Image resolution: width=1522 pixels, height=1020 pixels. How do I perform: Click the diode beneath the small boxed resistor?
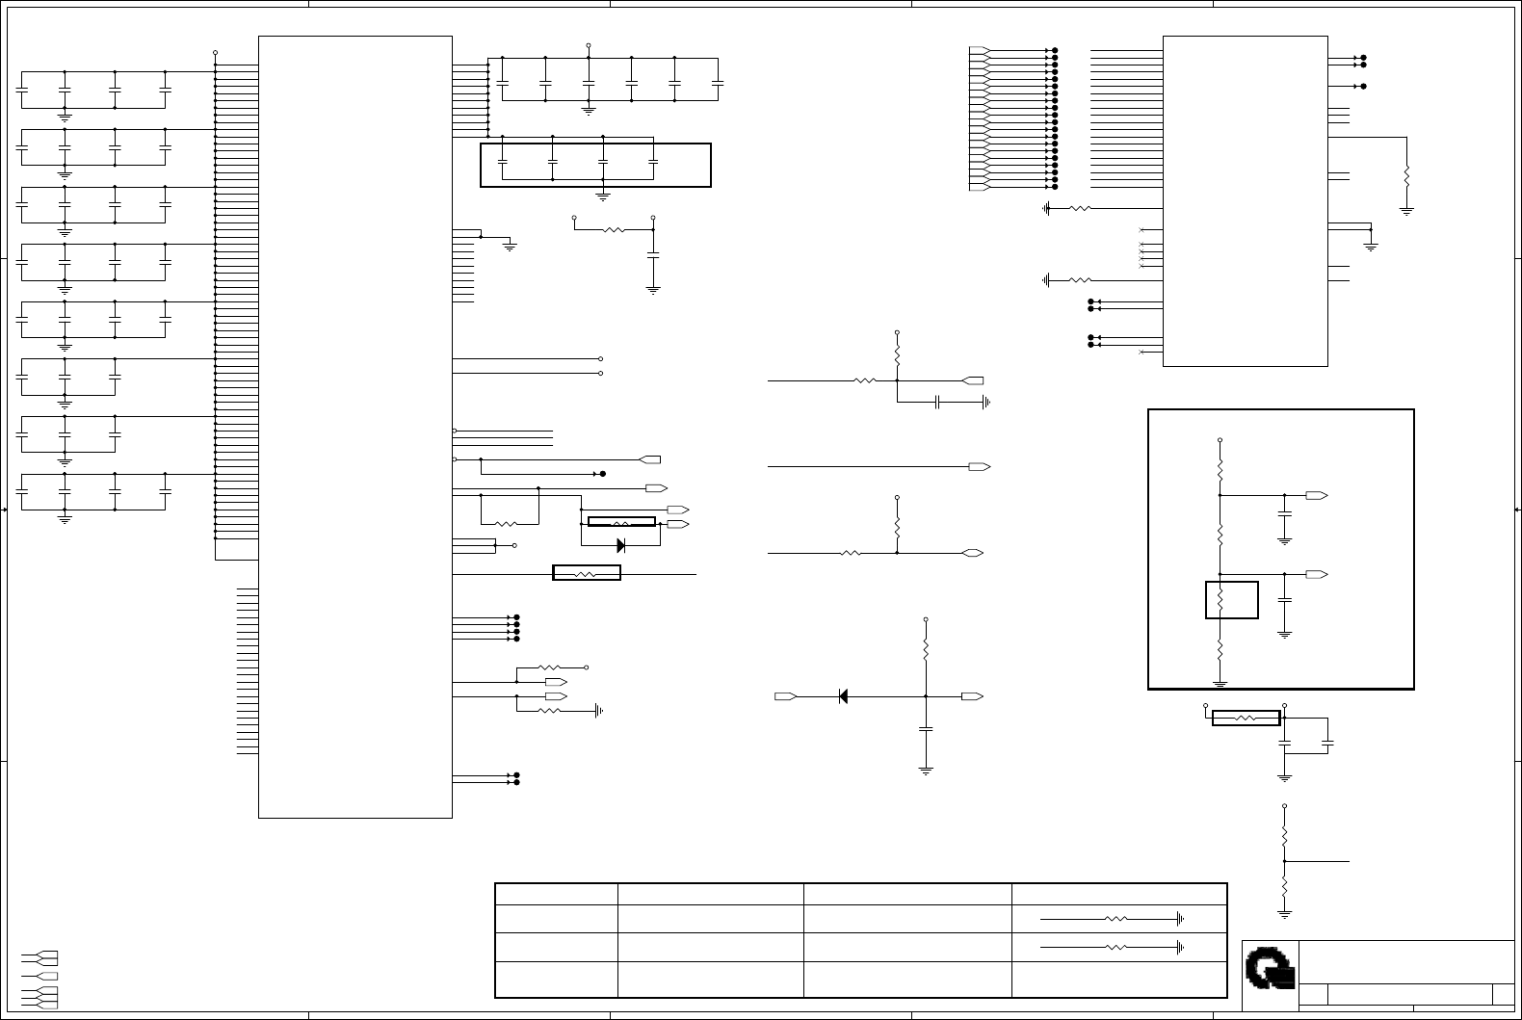coord(620,545)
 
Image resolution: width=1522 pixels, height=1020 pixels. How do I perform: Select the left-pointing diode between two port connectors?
coord(842,695)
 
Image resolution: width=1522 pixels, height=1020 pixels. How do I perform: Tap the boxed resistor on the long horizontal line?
coord(586,573)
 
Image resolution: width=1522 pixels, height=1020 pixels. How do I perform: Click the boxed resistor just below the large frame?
coord(1246,718)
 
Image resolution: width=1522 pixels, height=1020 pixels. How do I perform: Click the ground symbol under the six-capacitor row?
coord(589,111)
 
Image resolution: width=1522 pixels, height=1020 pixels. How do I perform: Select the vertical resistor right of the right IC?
coord(1406,176)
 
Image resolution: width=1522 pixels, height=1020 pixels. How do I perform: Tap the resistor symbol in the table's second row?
coord(1115,919)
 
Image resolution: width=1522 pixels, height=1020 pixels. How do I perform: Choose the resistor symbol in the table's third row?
coord(1115,948)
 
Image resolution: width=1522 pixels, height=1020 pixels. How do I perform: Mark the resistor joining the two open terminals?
coord(614,230)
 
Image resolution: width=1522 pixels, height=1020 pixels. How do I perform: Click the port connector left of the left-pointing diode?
coord(786,695)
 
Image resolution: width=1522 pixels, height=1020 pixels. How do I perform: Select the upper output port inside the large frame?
coord(1316,495)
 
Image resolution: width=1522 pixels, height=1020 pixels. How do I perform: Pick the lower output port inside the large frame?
coord(1316,574)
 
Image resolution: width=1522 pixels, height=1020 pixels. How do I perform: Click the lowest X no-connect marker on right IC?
coord(1141,352)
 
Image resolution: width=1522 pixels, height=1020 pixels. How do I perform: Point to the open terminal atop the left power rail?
coord(215,52)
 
